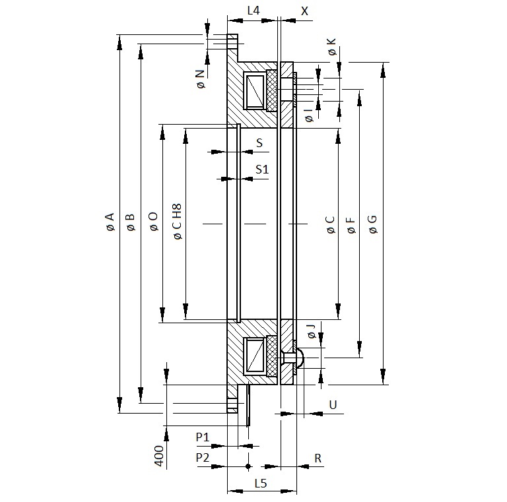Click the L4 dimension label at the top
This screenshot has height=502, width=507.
point(253,11)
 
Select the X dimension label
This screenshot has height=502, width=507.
point(304,11)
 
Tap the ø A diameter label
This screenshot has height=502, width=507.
point(110,222)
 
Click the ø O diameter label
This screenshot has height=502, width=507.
point(154,222)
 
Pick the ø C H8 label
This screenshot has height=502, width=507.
point(177,221)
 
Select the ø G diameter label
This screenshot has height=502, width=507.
point(372,224)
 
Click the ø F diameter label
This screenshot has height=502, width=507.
point(351,225)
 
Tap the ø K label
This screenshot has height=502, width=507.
point(332,47)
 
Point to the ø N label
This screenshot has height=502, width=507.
point(201,79)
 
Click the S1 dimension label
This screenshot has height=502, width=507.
point(262,169)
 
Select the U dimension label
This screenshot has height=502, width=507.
point(333,404)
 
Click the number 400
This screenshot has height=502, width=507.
point(158,456)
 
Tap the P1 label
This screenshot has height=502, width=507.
point(203,437)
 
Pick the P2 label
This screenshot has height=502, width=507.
point(203,457)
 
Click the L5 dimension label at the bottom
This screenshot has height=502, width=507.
point(261,484)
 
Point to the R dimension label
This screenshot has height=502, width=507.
point(318,458)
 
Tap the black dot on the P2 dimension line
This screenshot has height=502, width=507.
point(248,466)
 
